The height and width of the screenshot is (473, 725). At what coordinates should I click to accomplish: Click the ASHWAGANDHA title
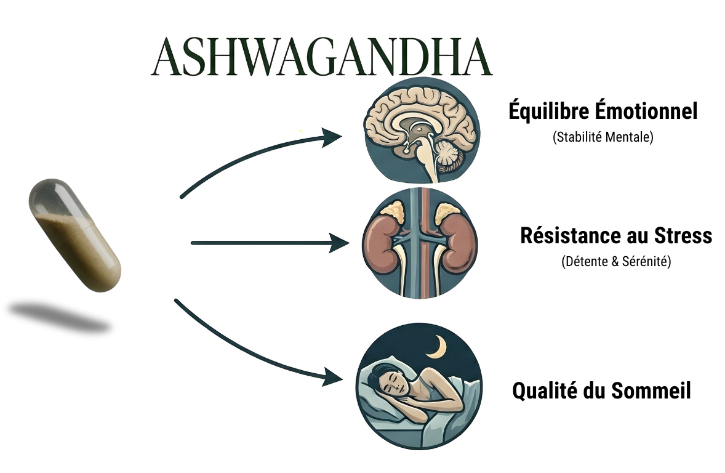pyautogui.click(x=321, y=57)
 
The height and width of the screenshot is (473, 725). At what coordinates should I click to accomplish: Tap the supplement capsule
pyautogui.click(x=74, y=235)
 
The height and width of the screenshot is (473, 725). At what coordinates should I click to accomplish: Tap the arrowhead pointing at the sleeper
pyautogui.click(x=330, y=377)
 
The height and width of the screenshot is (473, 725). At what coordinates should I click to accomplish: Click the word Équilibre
pyautogui.click(x=549, y=112)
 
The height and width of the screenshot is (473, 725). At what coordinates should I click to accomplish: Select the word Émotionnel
pyautogui.click(x=646, y=112)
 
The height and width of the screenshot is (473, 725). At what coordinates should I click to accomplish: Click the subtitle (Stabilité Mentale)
pyautogui.click(x=603, y=137)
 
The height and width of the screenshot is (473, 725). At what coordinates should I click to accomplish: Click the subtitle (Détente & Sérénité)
pyautogui.click(x=616, y=262)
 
